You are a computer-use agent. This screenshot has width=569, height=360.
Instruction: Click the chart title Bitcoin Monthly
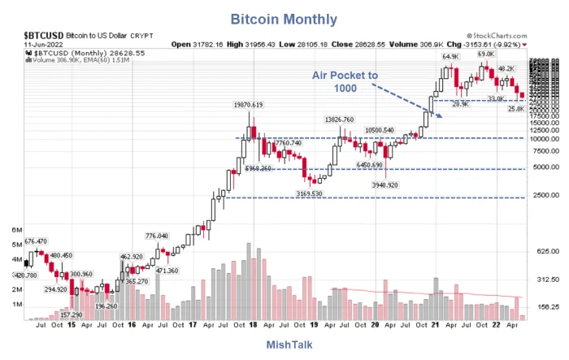point(284,17)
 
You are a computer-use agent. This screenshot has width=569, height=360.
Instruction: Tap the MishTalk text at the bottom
point(284,345)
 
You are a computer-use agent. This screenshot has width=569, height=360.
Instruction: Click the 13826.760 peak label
point(339,119)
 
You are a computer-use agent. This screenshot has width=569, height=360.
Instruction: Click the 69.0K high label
point(485,54)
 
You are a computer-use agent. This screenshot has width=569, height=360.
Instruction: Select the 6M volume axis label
point(16,232)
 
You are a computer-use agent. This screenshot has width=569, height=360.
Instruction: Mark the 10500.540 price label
point(380,130)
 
